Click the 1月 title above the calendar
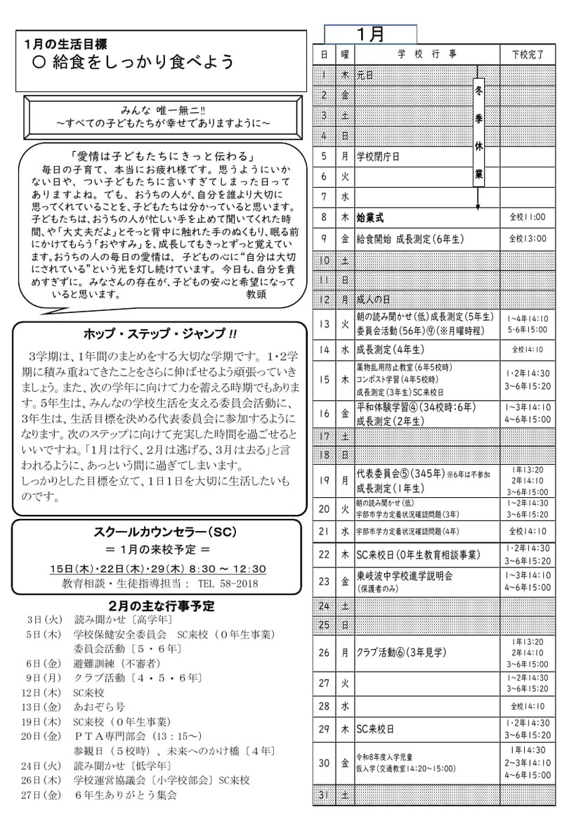click(370, 34)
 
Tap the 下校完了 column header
click(527, 55)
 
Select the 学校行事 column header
click(426, 55)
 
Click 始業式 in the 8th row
click(371, 217)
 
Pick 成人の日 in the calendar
click(373, 300)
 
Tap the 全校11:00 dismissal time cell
click(527, 218)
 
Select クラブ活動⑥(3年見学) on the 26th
click(401, 653)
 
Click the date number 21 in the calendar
click(324, 532)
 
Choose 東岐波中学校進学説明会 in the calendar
click(404, 575)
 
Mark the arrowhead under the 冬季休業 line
click(478, 207)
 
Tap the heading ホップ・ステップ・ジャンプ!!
click(160, 333)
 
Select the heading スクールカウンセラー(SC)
click(159, 532)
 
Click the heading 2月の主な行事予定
click(162, 606)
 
